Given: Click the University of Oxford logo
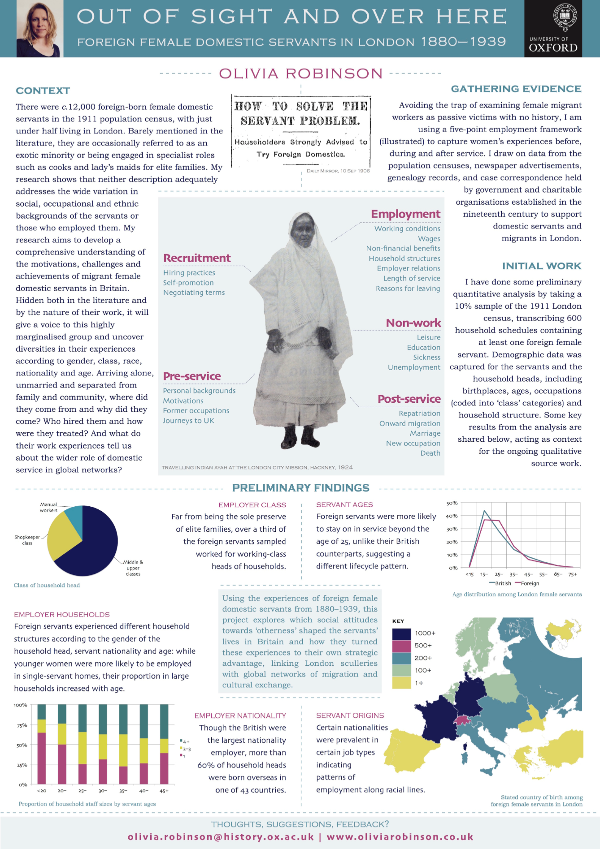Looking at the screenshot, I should pos(553,29).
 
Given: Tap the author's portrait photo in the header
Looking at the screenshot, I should pos(39,29).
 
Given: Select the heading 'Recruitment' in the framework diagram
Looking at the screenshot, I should pos(197,258).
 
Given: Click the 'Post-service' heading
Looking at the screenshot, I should pos(409,399).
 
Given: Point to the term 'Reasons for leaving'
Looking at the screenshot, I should pos(408,289).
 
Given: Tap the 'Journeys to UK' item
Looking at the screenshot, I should pos(188,421).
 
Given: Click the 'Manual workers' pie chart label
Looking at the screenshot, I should pos(48,507).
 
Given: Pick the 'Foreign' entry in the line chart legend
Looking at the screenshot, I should pos(530,583).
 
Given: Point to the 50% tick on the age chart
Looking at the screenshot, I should pos(452,503).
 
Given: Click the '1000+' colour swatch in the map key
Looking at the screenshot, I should pos(401,634).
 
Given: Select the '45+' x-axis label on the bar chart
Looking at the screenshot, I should pos(164,791).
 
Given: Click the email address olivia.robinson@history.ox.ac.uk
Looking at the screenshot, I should pos(221,836).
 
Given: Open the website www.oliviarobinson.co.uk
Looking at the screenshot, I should pos(400,836).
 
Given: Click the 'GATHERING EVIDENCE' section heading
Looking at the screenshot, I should pos(516,89).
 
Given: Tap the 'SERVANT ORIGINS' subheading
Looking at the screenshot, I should pos(350,715).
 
